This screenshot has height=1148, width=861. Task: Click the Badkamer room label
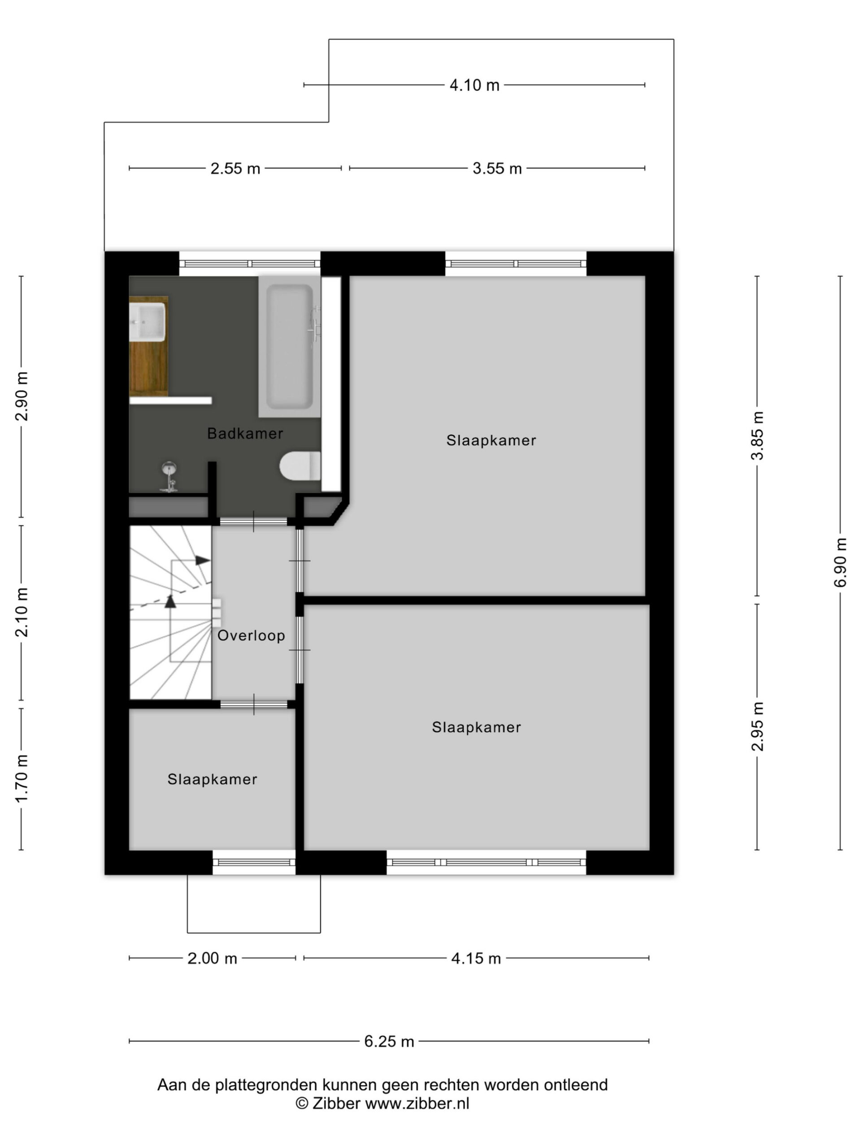245,433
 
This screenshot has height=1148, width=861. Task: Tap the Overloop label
251,635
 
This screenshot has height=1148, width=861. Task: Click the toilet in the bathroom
300,465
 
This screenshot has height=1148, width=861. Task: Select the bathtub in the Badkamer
290,346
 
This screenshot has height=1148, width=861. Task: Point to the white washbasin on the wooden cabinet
148,322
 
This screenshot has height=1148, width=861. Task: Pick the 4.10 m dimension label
474,85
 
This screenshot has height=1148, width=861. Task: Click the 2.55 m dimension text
235,169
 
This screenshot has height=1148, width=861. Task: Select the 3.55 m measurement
497,169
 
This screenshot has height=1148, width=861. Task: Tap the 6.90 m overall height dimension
840,563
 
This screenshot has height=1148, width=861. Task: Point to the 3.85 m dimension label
757,435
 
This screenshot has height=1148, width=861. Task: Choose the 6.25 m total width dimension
389,1042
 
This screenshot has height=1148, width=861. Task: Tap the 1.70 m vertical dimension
21,778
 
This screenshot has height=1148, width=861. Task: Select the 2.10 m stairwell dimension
21,613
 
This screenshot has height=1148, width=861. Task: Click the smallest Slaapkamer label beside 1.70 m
212,779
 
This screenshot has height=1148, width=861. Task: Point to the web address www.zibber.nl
417,1103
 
